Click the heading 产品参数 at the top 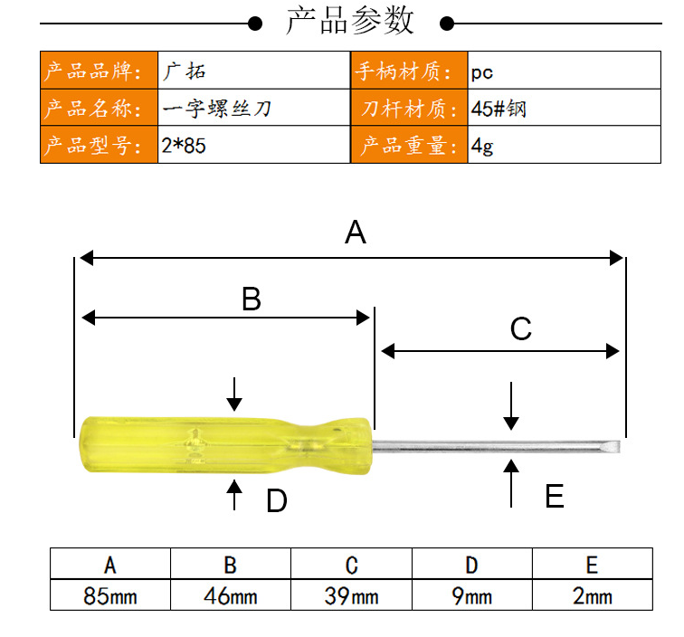(x=350, y=21)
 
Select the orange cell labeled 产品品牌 (x=99, y=71)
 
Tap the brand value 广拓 (x=184, y=71)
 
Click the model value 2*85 (x=183, y=146)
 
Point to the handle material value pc (x=481, y=72)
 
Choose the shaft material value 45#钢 (x=499, y=109)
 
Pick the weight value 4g (x=482, y=147)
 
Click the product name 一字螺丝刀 (x=217, y=109)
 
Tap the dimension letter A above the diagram (x=355, y=233)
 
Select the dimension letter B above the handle (x=252, y=299)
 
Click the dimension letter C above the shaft (x=521, y=328)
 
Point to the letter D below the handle (x=277, y=500)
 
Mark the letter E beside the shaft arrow (x=555, y=496)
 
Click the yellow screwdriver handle (x=225, y=445)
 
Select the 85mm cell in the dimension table (x=110, y=596)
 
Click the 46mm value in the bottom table (x=231, y=596)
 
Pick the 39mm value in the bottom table (x=351, y=596)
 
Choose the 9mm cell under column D (x=471, y=596)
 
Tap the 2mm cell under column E (x=592, y=596)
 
